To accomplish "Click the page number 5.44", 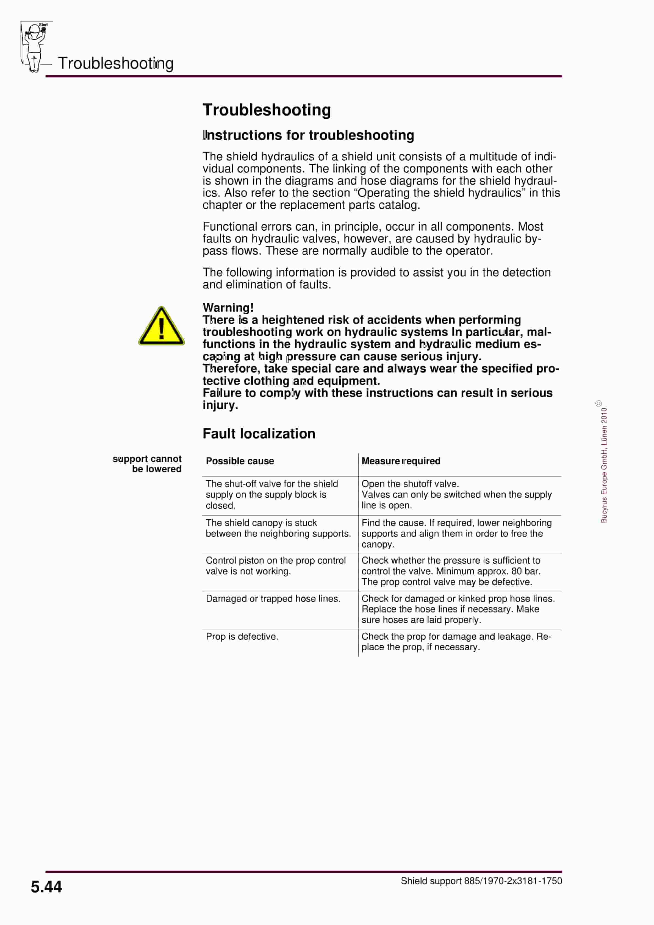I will point(46,887).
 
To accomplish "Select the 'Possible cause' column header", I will point(240,461).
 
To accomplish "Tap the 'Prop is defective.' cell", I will point(242,637).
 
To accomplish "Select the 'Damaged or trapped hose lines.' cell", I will point(273,599).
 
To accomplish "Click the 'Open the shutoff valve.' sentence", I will point(410,484).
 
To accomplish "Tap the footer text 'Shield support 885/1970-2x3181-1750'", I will point(481,881).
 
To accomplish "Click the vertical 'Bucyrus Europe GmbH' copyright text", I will point(604,465).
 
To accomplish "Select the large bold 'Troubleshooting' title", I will point(267,110).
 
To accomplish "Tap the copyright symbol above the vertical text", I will point(599,403).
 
